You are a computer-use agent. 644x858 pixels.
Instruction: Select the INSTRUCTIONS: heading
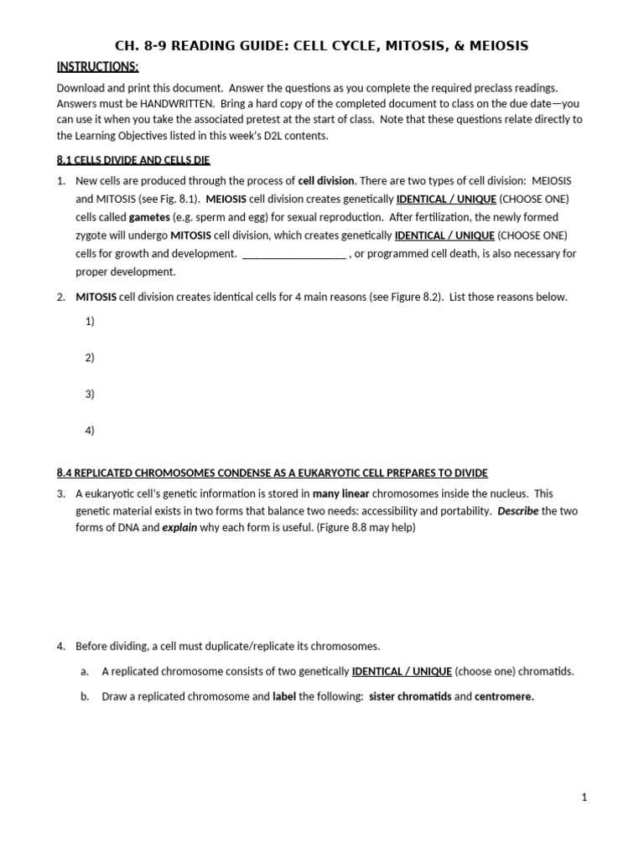(x=97, y=67)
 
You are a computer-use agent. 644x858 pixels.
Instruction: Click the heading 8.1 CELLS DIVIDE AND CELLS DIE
(x=132, y=160)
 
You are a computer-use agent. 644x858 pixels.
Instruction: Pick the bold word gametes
(x=149, y=217)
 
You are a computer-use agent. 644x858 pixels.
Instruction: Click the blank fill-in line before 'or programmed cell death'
(x=293, y=254)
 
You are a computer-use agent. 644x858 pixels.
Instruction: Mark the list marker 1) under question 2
(x=90, y=321)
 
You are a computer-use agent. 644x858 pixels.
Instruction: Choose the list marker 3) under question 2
(x=90, y=394)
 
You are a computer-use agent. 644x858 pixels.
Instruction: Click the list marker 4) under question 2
(x=90, y=431)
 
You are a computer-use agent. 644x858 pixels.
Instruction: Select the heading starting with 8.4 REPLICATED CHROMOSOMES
(x=272, y=473)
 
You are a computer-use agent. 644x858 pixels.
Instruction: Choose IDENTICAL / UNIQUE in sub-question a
(x=402, y=671)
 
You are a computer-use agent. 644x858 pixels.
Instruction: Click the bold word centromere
(x=504, y=696)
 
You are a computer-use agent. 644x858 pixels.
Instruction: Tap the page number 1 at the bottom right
(x=584, y=799)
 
